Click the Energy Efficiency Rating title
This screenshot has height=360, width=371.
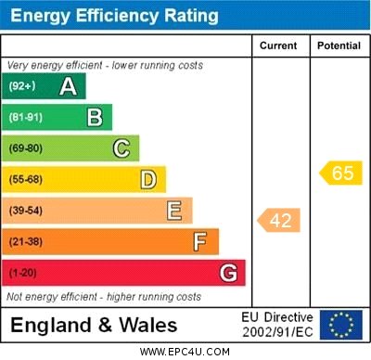[x=114, y=16]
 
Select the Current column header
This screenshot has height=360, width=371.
[x=278, y=45]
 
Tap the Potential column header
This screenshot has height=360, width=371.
[x=339, y=45]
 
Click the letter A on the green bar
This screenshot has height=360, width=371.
[x=68, y=86]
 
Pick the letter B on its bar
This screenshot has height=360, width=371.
[x=95, y=117]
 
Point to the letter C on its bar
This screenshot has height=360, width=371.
[x=121, y=148]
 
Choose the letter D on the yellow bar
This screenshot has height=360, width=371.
[x=147, y=179]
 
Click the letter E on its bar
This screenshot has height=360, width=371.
[x=173, y=211]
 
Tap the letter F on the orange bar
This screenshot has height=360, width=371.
[x=199, y=242]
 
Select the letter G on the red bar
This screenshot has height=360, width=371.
[x=227, y=273]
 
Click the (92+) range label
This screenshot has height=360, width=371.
[x=22, y=86]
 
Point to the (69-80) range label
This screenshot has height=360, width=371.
[x=26, y=148]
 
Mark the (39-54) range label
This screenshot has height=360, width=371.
[x=26, y=211]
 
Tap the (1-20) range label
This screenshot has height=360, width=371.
[x=23, y=274]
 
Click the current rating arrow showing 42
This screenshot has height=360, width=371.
[x=278, y=220]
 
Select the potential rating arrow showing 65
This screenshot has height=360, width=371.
[x=340, y=173]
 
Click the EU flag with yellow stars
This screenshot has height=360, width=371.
[x=341, y=325]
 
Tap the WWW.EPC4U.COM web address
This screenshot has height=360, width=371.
[x=185, y=352]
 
